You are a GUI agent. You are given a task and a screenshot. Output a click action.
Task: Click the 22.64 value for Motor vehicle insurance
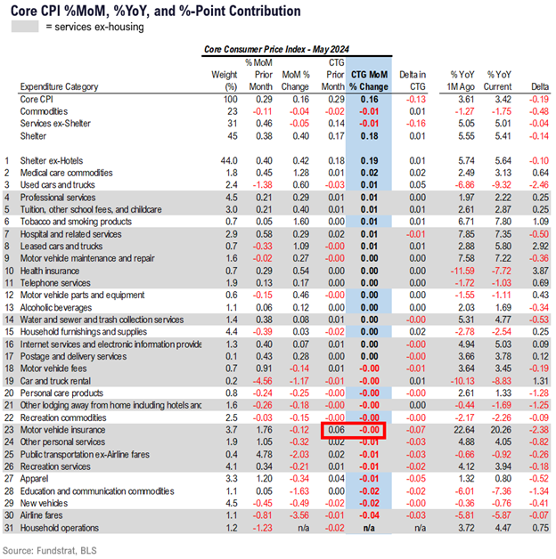click(462, 430)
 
